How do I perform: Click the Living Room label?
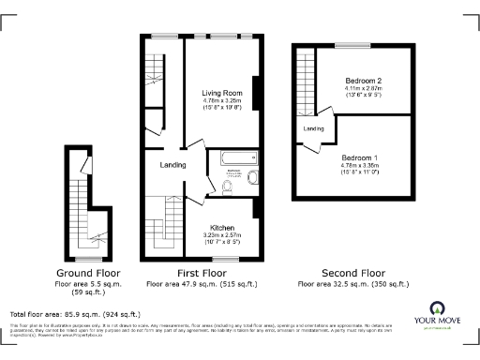click(223, 93)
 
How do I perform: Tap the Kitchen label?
click(222, 229)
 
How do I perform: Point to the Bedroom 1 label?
click(360, 157)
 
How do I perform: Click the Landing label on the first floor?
click(172, 165)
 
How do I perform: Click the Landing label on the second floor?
click(313, 128)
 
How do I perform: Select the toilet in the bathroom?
click(231, 186)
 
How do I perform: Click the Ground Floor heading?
click(83, 275)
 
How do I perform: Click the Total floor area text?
click(75, 314)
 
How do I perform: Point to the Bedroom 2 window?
click(353, 45)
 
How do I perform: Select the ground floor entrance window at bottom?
click(88, 258)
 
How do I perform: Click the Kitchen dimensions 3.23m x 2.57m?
click(222, 235)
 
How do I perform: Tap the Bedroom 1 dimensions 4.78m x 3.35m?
click(360, 165)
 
